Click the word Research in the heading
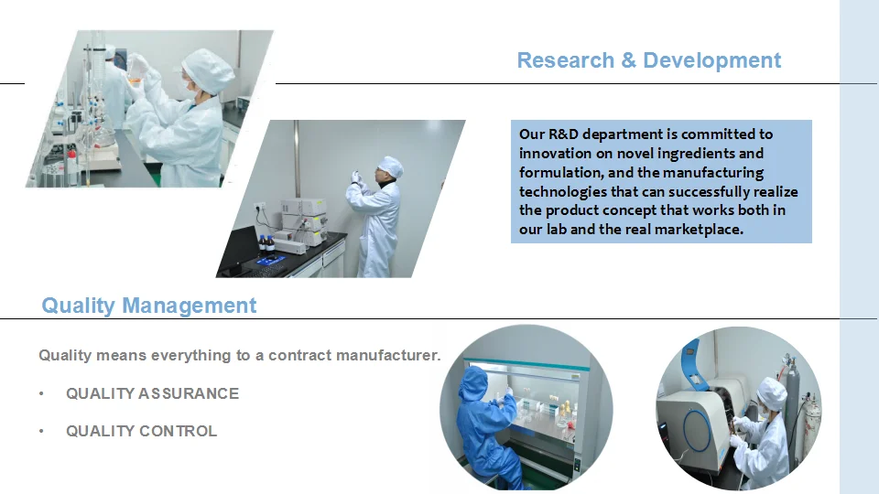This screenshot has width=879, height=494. point(566,60)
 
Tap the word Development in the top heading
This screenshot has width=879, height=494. point(712,60)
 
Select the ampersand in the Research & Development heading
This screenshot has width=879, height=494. point(629,60)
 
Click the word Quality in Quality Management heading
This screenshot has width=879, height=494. point(78,306)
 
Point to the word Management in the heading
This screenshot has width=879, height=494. point(190,306)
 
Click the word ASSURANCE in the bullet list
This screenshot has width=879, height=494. point(189,393)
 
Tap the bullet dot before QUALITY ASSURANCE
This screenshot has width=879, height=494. point(41,393)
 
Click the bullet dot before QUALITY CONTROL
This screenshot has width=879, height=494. point(41,431)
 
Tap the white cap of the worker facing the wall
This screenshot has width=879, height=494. point(391,166)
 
